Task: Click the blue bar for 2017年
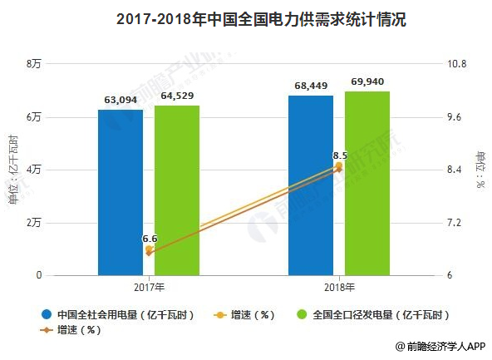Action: tap(120, 192)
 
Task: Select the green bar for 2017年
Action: tap(177, 190)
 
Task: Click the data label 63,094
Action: tap(121, 101)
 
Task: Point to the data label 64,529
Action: tap(177, 96)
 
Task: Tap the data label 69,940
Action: tap(367, 81)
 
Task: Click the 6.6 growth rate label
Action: tap(150, 238)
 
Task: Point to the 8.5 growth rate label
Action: tap(339, 155)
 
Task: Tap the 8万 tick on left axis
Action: tap(34, 64)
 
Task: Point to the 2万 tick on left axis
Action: tap(34, 223)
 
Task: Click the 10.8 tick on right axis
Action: tap(459, 64)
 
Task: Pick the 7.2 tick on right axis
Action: tap(457, 223)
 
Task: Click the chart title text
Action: tap(246, 18)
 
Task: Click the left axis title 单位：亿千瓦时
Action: tap(13, 170)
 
